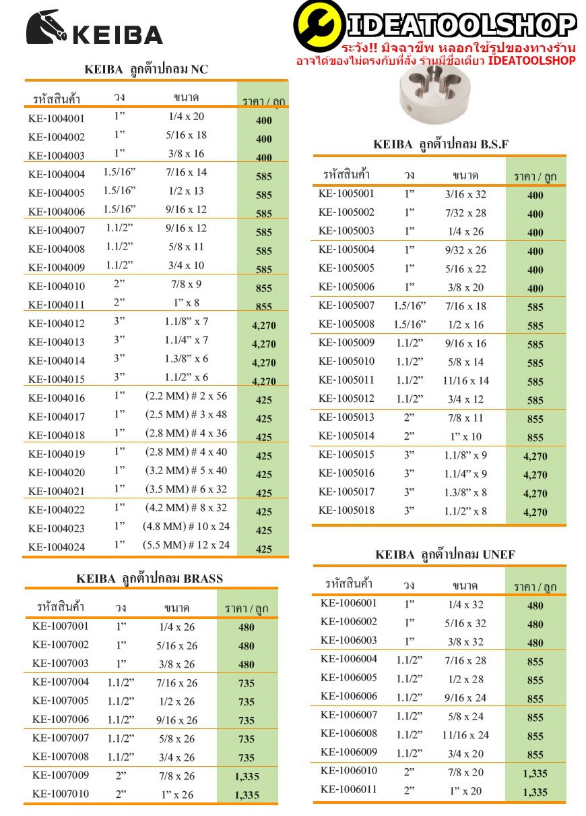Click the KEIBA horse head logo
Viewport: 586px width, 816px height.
tap(46, 29)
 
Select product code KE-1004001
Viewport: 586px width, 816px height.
tap(57, 119)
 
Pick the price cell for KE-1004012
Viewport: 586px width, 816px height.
tap(263, 326)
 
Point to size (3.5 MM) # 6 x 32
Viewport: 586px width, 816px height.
tap(186, 490)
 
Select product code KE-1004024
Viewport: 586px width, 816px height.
tap(57, 547)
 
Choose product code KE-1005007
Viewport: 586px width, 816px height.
tap(346, 305)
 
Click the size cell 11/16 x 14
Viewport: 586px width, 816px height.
tap(465, 380)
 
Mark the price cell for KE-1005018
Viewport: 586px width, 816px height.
tap(535, 513)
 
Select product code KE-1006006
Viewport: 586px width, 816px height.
tap(349, 697)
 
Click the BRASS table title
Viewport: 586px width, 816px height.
tap(150, 579)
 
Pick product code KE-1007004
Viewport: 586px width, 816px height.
tap(61, 682)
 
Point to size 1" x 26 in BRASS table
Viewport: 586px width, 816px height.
tap(176, 795)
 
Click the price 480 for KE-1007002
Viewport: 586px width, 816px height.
tap(247, 646)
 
